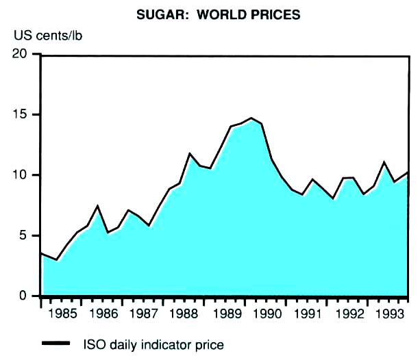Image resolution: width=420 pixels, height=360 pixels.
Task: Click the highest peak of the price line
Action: (251, 118)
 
